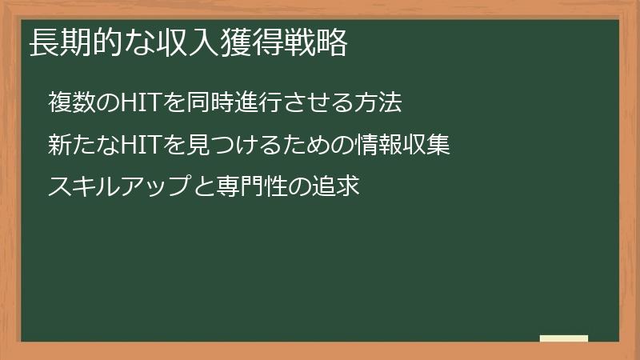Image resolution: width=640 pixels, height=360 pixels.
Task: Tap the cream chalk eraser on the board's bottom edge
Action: [x=563, y=339]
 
